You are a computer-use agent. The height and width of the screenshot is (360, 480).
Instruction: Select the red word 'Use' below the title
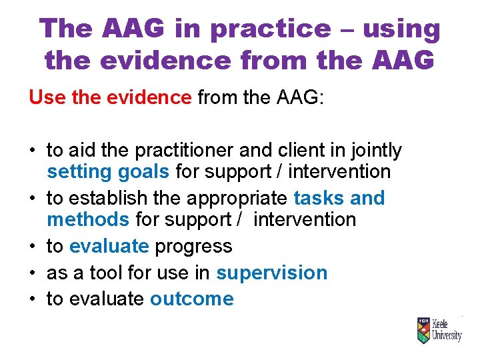[x=46, y=97]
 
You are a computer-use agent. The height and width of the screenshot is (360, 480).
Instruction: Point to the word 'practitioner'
[x=167, y=151]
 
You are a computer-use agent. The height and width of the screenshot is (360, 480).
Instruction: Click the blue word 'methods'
[x=88, y=219]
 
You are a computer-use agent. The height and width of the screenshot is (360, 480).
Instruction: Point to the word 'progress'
[x=193, y=246]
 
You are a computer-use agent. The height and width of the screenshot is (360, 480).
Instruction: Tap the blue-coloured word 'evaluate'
[x=109, y=246]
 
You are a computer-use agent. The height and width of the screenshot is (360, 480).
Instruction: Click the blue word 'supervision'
[x=272, y=273]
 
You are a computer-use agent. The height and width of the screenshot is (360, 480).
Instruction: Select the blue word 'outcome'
[x=192, y=299]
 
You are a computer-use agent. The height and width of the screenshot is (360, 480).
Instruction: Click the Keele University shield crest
[x=423, y=329]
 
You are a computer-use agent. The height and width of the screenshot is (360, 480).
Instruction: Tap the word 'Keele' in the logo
[x=445, y=323]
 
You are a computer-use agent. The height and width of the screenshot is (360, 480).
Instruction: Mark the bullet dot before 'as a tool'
[x=33, y=273]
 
